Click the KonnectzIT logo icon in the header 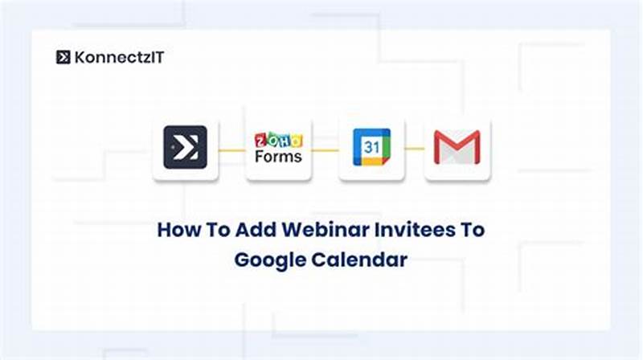(x=63, y=57)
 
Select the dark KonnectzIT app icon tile (x=185, y=148)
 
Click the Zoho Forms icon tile (x=278, y=148)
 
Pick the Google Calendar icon (x=371, y=148)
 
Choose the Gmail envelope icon (x=457, y=148)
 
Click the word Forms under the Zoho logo (x=278, y=157)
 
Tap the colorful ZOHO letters (x=278, y=138)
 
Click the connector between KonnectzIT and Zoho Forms (x=231, y=149)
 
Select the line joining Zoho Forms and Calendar (x=325, y=149)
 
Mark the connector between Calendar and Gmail (x=414, y=149)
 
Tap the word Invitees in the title (x=405, y=230)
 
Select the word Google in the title (x=272, y=260)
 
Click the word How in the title (x=176, y=230)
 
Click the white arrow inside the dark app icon (x=187, y=148)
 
